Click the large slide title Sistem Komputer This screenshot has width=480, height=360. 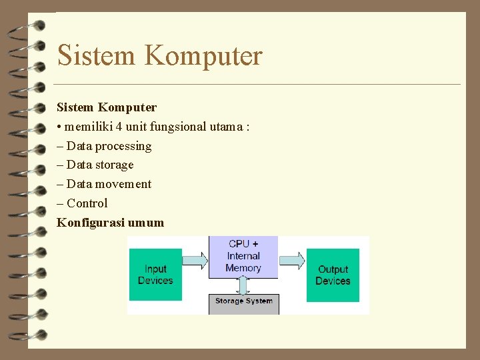pos(160,55)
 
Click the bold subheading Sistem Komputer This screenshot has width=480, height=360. pos(107,107)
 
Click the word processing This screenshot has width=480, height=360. pos(123,146)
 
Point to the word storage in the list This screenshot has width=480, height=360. pos(114,165)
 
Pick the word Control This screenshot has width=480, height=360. pos(87,203)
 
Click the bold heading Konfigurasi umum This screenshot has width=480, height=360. pos(110,223)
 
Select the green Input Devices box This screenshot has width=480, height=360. pos(155,275)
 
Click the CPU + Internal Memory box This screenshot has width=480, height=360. pos(243,257)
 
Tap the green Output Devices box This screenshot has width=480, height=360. pos(333,275)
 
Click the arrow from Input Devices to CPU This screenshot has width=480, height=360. pos(195,260)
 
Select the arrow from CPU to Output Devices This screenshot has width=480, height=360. pos(292,260)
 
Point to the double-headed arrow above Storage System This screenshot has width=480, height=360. pos(243,285)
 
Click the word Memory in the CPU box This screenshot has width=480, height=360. pos(243,268)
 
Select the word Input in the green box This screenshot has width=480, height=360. pos(155,269)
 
